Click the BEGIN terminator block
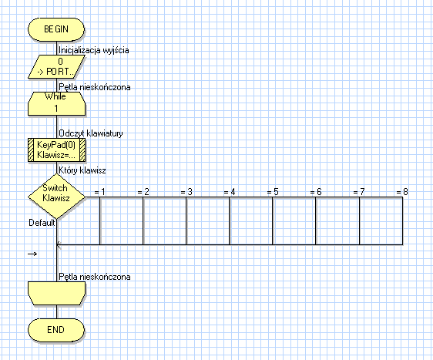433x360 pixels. coord(56,29)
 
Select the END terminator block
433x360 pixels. coord(56,330)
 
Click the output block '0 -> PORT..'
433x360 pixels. coord(56,66)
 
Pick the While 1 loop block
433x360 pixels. coord(56,103)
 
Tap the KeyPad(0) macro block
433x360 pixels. coord(56,150)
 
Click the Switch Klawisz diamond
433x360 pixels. coord(56,196)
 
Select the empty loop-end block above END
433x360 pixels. coord(56,294)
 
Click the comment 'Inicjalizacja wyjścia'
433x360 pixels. coord(94,50)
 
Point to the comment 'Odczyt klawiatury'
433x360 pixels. coord(91,133)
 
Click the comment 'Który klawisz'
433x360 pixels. coord(82,170)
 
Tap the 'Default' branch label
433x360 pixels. coord(42,223)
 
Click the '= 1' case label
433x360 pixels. coord(99,192)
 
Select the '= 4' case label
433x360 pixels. coord(230,192)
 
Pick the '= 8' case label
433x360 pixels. coord(402,192)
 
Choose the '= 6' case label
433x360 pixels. coord(316,192)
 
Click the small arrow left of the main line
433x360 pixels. coord(32,254)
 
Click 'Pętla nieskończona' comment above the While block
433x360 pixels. coord(95,87)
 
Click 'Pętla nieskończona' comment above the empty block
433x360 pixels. coord(95,277)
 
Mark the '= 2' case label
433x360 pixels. coord(143,192)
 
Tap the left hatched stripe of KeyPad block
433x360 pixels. coord(31,150)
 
